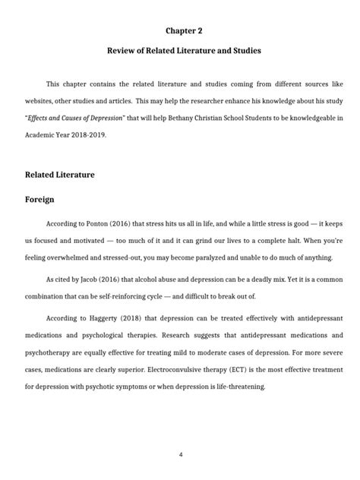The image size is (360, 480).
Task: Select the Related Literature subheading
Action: point(61,175)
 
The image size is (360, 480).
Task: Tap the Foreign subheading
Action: point(43,201)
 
